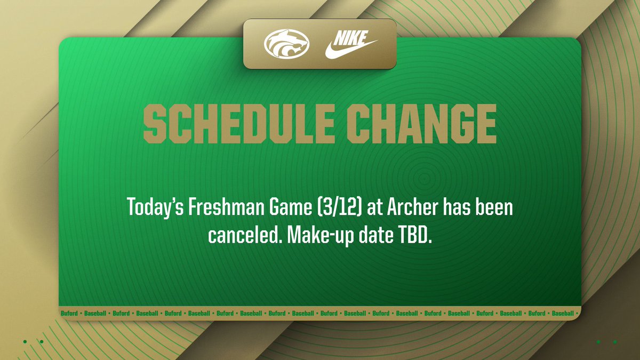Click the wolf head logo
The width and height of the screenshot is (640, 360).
tap(286, 45)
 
